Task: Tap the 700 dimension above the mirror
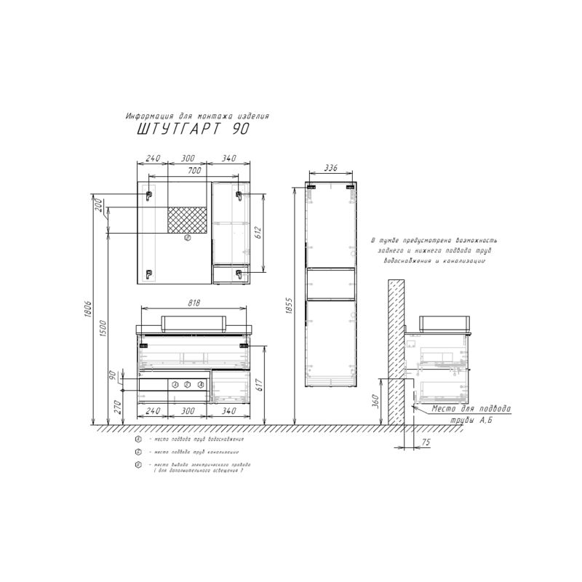[x=194, y=170]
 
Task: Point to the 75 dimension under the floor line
[x=426, y=442]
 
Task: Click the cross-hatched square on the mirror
[x=188, y=219]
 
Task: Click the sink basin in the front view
[x=194, y=322]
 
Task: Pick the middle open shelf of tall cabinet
[x=330, y=283]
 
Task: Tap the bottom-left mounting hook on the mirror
[x=148, y=274]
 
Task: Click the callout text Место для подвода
[x=471, y=410]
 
